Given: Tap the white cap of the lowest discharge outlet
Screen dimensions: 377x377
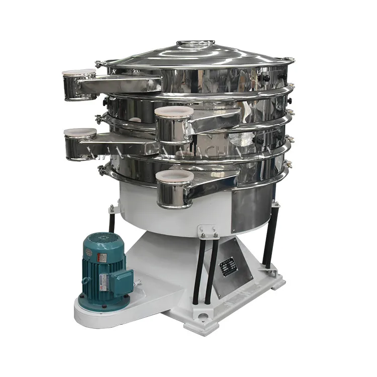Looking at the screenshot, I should pyautogui.click(x=174, y=176).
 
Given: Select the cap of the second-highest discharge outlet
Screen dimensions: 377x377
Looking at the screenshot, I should pyautogui.click(x=174, y=112).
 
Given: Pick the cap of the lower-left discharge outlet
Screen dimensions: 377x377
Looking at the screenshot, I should pyautogui.click(x=80, y=133).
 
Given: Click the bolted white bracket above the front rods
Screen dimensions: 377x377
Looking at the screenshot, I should pyautogui.click(x=208, y=232).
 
